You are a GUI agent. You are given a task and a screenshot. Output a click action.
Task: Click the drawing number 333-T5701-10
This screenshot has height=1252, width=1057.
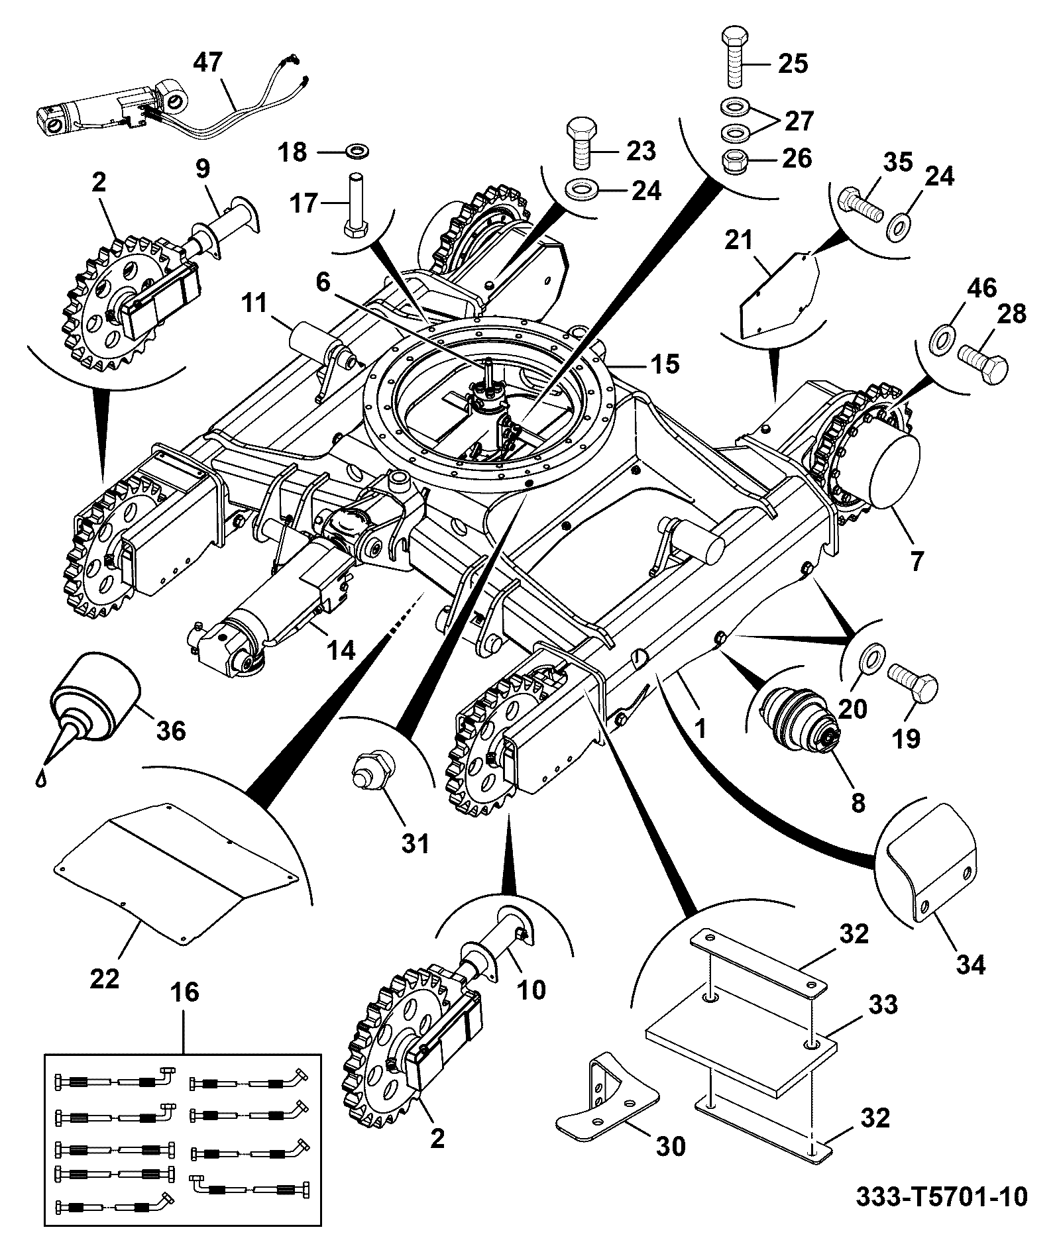942,1197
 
